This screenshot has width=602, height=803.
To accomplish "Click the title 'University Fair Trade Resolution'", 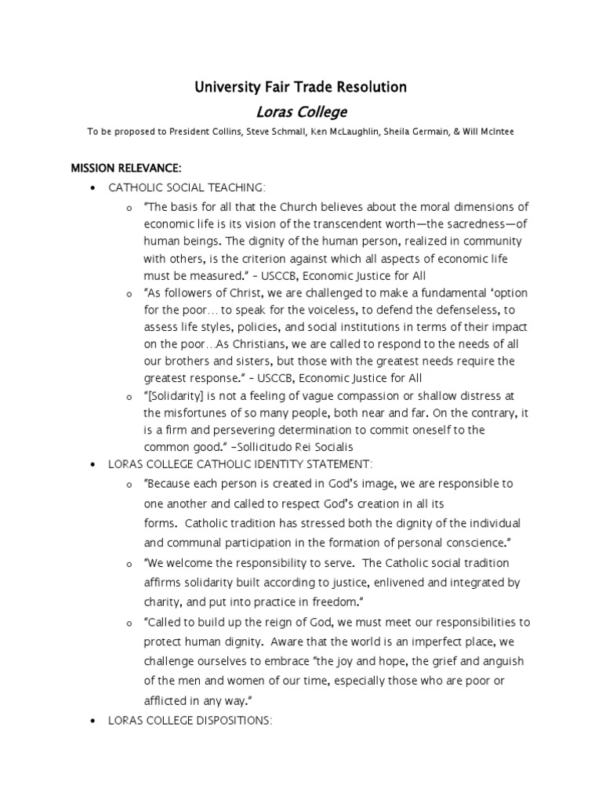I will click(301, 87).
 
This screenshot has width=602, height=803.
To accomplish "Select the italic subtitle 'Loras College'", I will click(301, 112).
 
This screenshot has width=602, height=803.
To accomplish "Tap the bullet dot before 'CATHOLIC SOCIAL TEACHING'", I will click(93, 189).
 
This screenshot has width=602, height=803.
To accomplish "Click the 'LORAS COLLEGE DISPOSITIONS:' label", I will click(190, 719).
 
